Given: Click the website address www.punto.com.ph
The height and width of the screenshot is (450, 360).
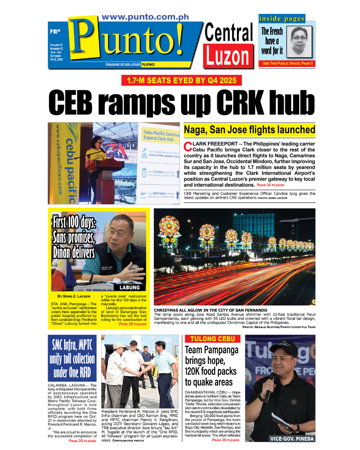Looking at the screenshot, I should (145, 17).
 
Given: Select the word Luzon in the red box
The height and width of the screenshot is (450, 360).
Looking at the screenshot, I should (228, 56).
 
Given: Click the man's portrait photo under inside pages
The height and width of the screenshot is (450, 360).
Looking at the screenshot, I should (299, 42).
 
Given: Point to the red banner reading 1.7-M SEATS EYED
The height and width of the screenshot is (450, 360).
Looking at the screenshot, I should (182, 80).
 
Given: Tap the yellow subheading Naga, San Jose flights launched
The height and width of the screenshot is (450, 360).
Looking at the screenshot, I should (249, 130).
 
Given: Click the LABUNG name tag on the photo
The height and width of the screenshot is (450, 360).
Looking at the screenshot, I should (130, 287).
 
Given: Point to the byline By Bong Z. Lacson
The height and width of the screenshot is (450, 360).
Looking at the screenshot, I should (74, 296).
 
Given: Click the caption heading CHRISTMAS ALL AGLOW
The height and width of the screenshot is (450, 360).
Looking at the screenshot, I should (210, 310).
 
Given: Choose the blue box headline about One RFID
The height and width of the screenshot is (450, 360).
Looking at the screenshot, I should (72, 358).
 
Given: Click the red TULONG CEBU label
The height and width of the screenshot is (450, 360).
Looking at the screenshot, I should (213, 339).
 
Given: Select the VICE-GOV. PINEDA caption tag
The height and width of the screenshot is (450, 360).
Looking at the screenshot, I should (292, 439).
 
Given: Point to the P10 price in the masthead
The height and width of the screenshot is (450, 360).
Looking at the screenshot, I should (55, 31).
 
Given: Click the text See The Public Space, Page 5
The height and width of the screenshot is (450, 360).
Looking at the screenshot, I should (287, 63).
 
